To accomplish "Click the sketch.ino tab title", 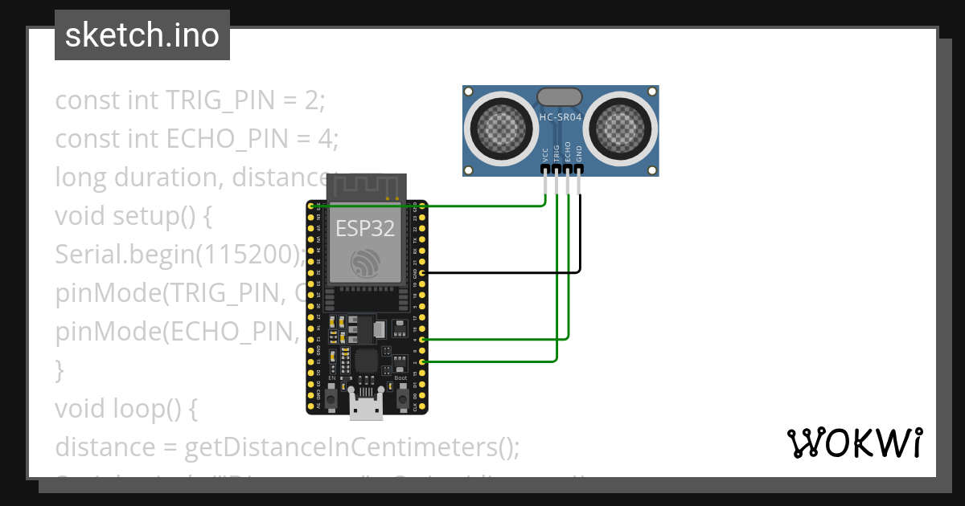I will pyautogui.click(x=142, y=35).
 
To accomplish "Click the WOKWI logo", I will pyautogui.click(x=854, y=443).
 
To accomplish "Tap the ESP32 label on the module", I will pyautogui.click(x=365, y=228).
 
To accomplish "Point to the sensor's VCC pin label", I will pyautogui.click(x=546, y=153).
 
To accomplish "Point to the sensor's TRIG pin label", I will pyautogui.click(x=557, y=153).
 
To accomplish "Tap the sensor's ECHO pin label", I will pyautogui.click(x=569, y=153).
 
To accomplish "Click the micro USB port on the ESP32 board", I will pyautogui.click(x=366, y=409).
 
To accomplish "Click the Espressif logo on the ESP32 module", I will pyautogui.click(x=366, y=263).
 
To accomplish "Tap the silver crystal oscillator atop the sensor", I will pyautogui.click(x=560, y=96).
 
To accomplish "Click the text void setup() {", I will pyautogui.click(x=133, y=216).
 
